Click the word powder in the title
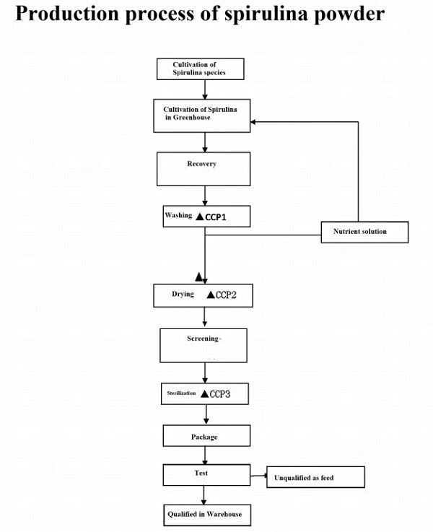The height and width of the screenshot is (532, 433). [x=349, y=14]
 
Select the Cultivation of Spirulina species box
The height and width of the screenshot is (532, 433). [x=200, y=69]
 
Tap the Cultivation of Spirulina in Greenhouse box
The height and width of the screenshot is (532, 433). [x=202, y=115]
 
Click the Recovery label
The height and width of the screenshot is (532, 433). [x=202, y=164]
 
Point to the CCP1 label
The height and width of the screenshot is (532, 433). [x=216, y=217]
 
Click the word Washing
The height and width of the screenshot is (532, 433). [x=178, y=215]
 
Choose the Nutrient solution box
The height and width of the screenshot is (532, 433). [x=364, y=232]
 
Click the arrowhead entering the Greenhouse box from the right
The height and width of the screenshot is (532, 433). [x=253, y=122]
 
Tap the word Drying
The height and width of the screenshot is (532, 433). [x=183, y=295]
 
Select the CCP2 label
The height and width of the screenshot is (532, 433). [x=226, y=295]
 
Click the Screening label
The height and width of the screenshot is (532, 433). [x=203, y=339]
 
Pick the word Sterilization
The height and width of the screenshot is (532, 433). [x=181, y=393]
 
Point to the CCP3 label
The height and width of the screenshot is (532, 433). [x=219, y=394]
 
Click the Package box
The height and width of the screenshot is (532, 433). [x=206, y=436]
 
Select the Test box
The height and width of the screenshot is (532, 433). [x=206, y=475]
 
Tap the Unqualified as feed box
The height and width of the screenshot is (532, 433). [x=315, y=477]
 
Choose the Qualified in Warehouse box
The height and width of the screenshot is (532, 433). [x=207, y=515]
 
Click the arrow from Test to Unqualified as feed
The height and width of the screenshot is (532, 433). [x=258, y=476]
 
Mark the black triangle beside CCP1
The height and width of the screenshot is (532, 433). [x=200, y=217]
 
